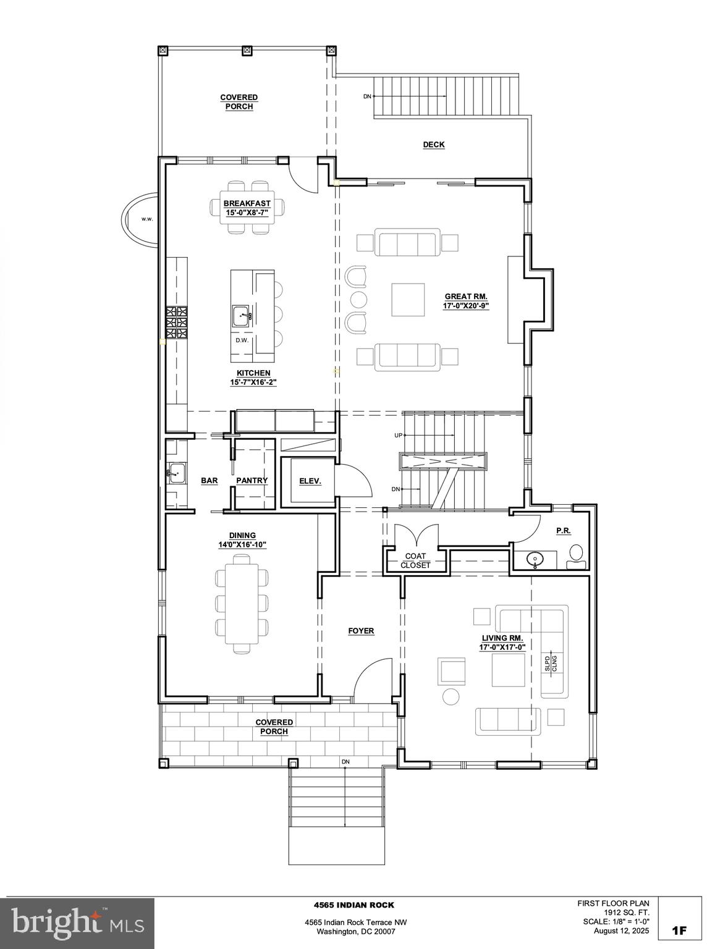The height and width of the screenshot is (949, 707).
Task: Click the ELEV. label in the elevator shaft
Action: pyautogui.click(x=310, y=481)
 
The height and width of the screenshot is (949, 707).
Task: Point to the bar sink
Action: pyautogui.click(x=176, y=473)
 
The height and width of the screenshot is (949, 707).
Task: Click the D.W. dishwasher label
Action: pyautogui.click(x=242, y=340)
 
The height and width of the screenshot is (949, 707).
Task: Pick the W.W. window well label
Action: pyautogui.click(x=147, y=219)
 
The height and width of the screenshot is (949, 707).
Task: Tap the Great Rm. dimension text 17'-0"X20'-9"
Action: pyautogui.click(x=465, y=305)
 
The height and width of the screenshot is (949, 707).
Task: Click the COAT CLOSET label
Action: pyautogui.click(x=415, y=560)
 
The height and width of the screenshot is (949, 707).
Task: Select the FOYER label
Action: pyautogui.click(x=361, y=631)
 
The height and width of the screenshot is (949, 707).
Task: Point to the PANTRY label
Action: pyautogui.click(x=252, y=481)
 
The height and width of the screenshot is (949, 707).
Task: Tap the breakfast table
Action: pyautogui.click(x=248, y=208)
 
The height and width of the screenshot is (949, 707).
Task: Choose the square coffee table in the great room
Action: pyautogui.click(x=408, y=300)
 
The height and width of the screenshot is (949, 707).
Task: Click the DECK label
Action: pyautogui.click(x=433, y=145)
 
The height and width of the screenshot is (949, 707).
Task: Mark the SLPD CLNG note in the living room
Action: pyautogui.click(x=551, y=663)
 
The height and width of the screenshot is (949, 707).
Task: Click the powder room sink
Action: pyautogui.click(x=535, y=559)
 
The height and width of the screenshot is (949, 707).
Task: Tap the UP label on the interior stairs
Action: pyautogui.click(x=398, y=436)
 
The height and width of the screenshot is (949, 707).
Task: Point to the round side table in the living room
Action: pyautogui.click(x=450, y=696)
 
